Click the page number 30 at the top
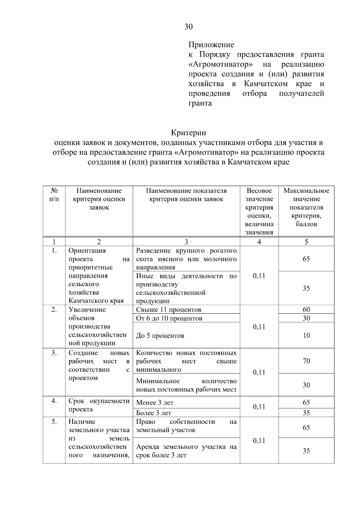click(x=188, y=27)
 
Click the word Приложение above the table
click(x=211, y=45)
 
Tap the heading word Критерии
click(x=188, y=133)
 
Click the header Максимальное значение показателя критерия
click(x=306, y=207)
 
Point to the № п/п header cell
click(x=54, y=195)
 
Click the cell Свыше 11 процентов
click(x=169, y=310)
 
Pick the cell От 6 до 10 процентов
click(x=169, y=318)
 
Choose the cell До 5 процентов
click(x=160, y=336)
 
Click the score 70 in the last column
click(x=306, y=361)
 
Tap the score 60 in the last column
click(x=306, y=310)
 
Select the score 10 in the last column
click(x=306, y=336)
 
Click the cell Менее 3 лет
click(x=155, y=403)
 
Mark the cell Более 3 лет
click(x=154, y=413)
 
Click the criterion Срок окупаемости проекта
click(x=99, y=405)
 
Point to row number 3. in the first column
click(x=54, y=353)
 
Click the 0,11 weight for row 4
click(x=259, y=407)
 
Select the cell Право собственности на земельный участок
click(x=186, y=426)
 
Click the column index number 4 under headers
click(x=259, y=242)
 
